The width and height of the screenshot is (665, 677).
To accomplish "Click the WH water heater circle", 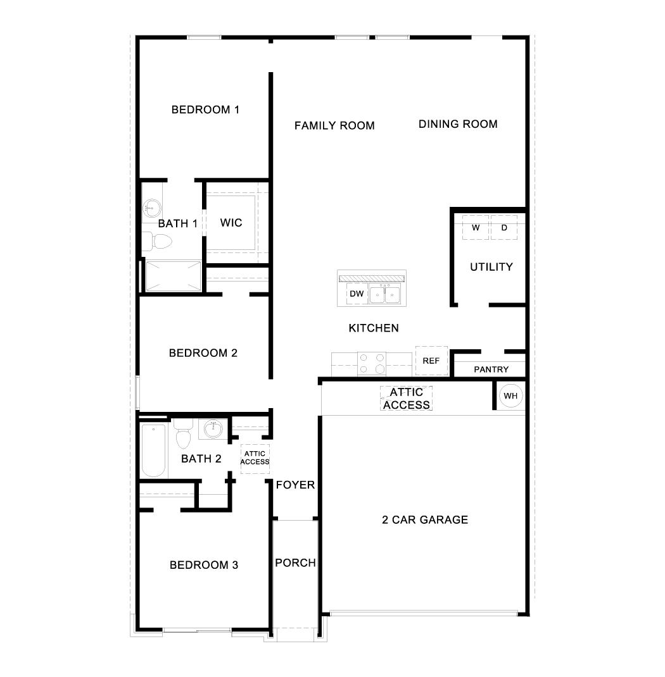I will (510, 396).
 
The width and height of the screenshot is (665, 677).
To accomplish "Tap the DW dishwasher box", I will (357, 294).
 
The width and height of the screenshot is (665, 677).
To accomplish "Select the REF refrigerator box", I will (431, 361).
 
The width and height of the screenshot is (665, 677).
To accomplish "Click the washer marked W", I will (476, 228).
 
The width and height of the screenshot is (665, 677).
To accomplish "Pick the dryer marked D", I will (504, 228).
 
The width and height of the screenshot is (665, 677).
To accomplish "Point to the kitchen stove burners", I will (372, 363).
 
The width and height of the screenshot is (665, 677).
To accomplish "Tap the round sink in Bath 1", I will (152, 207).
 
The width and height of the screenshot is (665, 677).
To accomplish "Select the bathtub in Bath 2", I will (153, 450).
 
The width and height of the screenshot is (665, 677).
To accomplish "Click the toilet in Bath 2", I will (184, 435).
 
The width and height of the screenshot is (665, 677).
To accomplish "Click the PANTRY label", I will (491, 370).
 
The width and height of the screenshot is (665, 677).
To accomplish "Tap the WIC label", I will (231, 223).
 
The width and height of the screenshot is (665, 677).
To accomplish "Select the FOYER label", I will (295, 485).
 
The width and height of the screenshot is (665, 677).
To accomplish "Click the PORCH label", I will (295, 562).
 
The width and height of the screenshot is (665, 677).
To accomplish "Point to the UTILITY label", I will (491, 267).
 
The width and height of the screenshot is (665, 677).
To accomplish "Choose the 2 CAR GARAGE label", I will (424, 520).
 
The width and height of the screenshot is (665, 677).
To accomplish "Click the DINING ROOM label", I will (457, 124).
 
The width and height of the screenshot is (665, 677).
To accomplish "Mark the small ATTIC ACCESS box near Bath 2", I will (255, 457).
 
